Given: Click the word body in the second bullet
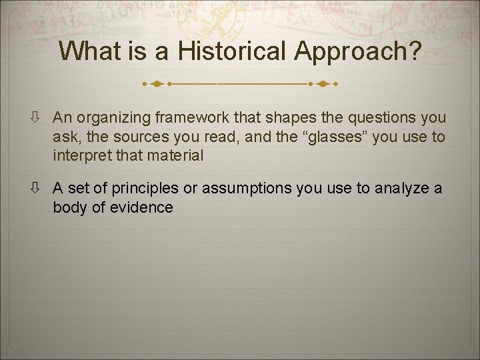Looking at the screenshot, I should [69, 208].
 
